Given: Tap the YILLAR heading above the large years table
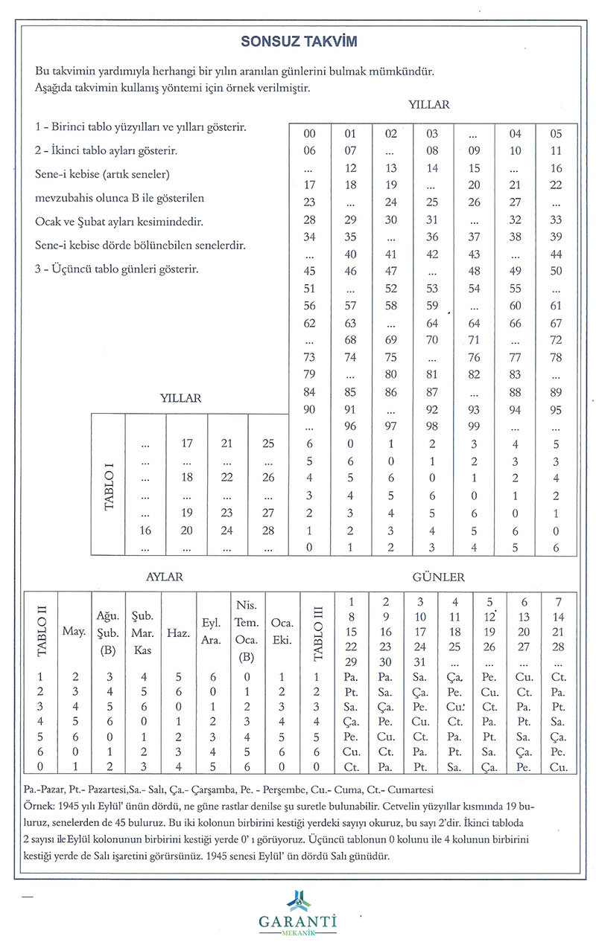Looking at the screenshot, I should (429, 105).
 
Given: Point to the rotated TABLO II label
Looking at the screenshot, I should (42, 632).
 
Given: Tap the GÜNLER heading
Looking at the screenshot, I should (444, 577).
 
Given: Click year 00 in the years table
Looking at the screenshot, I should (310, 134).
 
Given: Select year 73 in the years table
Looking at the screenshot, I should (310, 357).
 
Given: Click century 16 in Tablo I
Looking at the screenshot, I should (146, 531).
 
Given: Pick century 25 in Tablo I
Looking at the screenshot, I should (268, 443).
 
